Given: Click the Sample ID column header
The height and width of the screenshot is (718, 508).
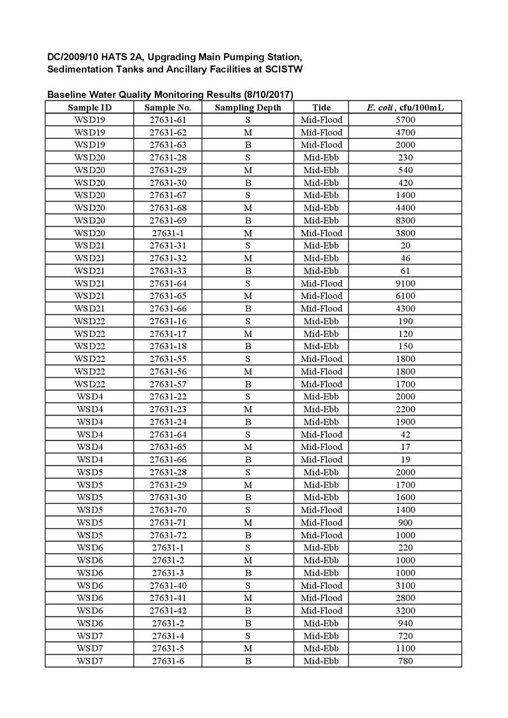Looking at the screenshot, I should click(x=90, y=107).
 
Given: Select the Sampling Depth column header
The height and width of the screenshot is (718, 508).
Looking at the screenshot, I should click(x=248, y=107).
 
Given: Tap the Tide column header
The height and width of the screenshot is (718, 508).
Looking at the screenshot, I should click(x=321, y=107).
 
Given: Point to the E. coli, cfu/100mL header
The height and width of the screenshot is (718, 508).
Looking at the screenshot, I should click(x=404, y=107).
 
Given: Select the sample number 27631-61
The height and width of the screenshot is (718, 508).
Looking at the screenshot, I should click(x=168, y=120).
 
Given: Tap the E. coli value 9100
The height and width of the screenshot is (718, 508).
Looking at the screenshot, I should click(x=404, y=283).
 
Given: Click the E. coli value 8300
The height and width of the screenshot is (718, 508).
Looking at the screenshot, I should click(x=404, y=221).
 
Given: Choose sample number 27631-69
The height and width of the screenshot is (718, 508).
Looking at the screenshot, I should click(x=168, y=221).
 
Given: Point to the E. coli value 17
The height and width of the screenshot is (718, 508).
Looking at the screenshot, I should click(x=404, y=447).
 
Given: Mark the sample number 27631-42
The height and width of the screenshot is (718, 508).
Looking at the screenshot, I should click(x=168, y=611).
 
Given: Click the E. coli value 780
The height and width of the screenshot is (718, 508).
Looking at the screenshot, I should click(x=404, y=661).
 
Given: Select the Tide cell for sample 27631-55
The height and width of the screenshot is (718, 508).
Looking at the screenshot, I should click(x=321, y=359).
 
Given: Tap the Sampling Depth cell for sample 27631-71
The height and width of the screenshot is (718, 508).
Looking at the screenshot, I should click(x=248, y=522).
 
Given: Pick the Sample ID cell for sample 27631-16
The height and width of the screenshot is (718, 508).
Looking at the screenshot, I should click(x=90, y=321).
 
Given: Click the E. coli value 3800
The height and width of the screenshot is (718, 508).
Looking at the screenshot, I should click(x=404, y=233).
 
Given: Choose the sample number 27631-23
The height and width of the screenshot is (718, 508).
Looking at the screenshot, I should click(x=168, y=409).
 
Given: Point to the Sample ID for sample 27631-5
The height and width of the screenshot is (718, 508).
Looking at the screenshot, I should click(x=90, y=648).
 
